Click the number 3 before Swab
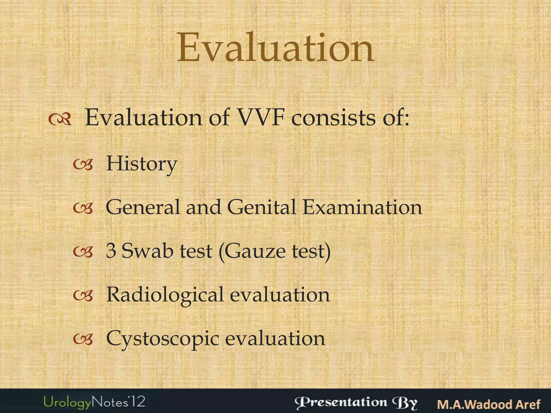[111, 251]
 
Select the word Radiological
[165, 295]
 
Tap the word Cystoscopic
[163, 339]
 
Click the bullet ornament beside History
[83, 165]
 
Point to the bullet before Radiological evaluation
[83, 296]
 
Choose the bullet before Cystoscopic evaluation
[83, 340]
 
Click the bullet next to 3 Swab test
[83, 252]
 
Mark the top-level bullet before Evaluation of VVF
[60, 119]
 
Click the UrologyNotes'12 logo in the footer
[94, 402]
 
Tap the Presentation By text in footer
[356, 403]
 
